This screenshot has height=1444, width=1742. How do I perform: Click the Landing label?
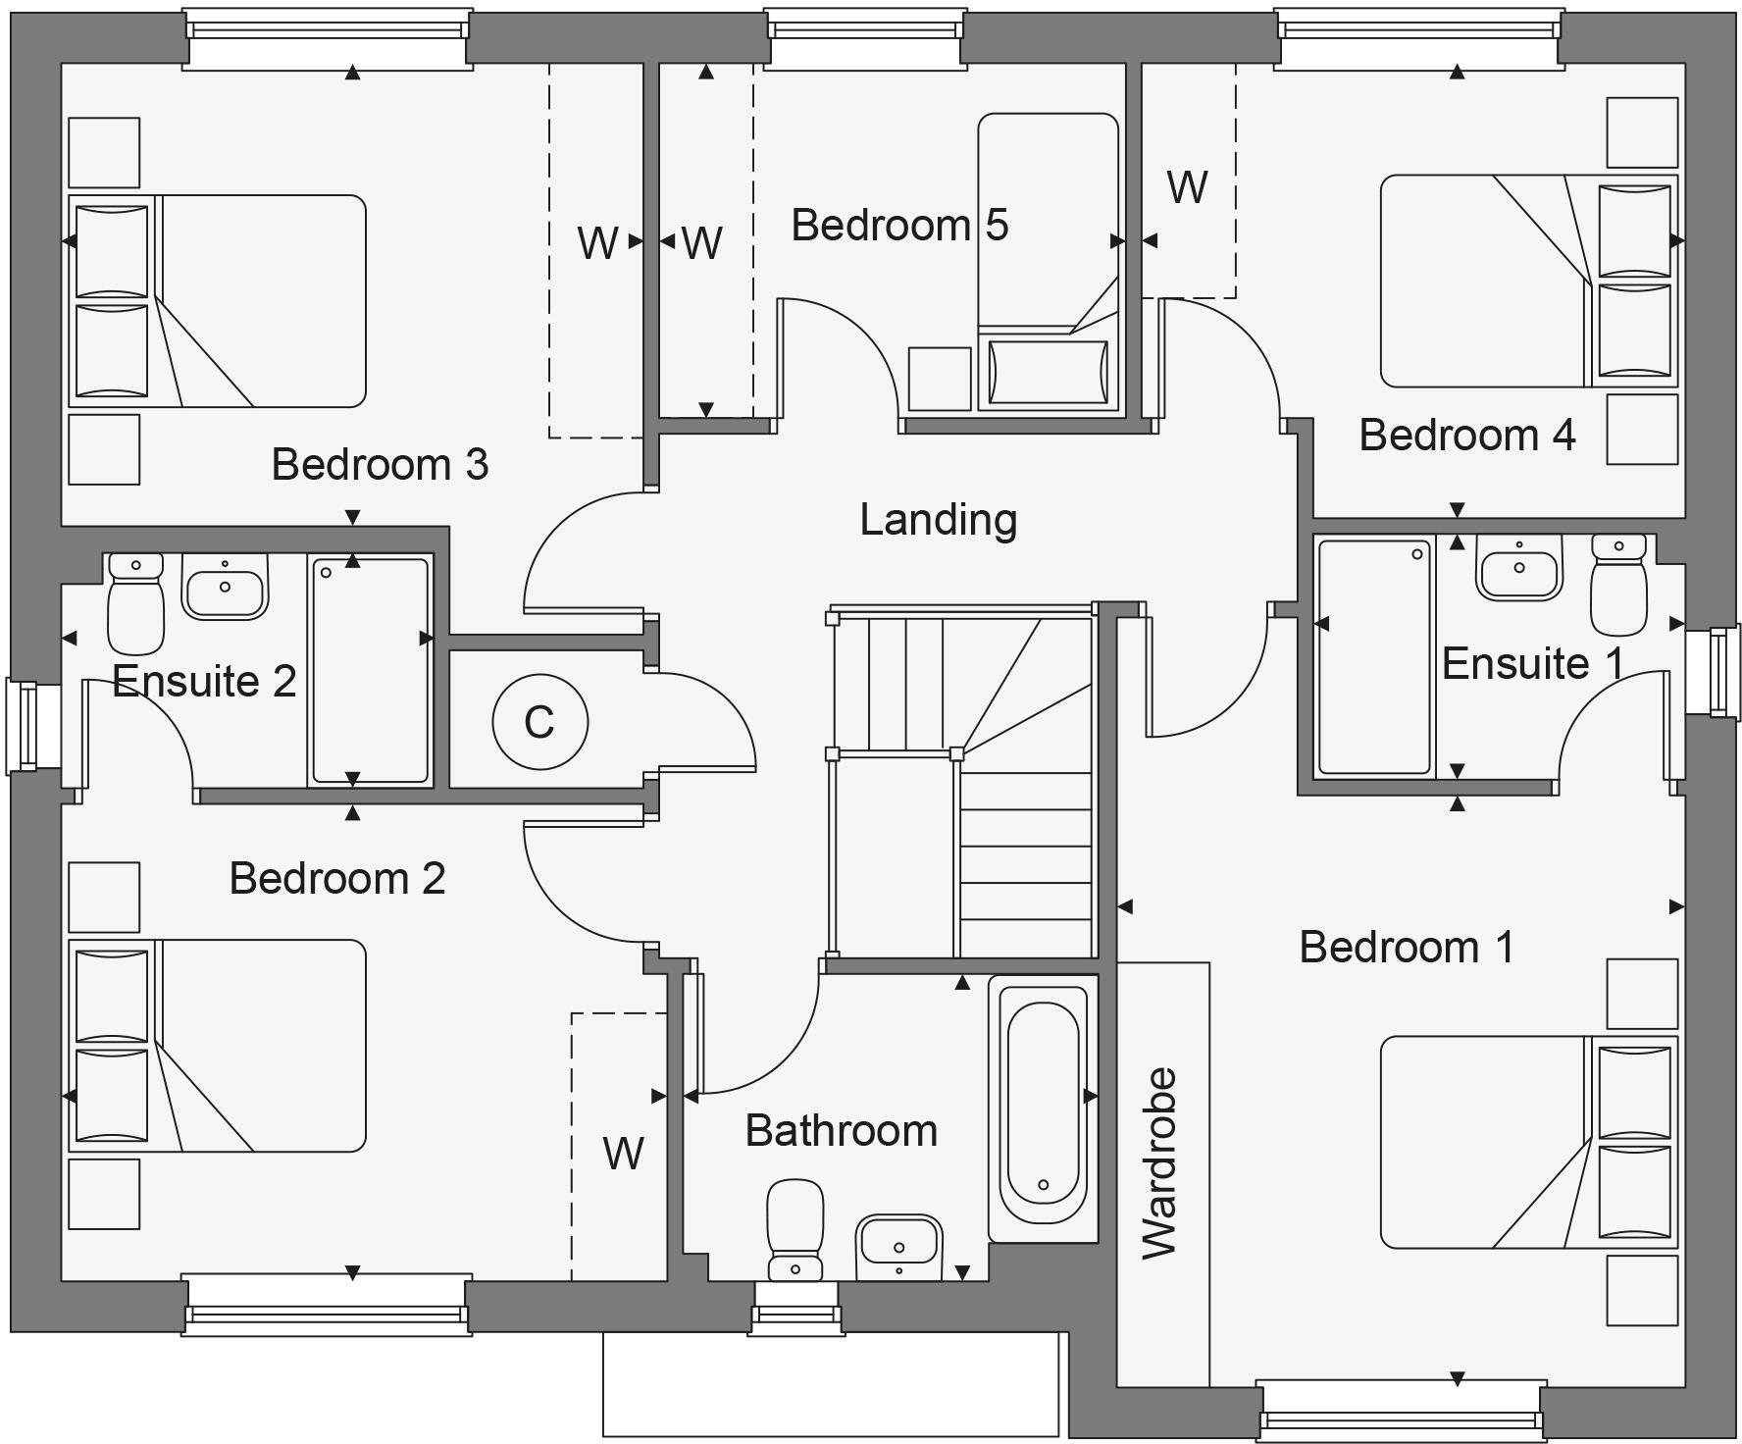(x=938, y=520)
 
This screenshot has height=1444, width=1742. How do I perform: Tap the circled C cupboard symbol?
(x=539, y=722)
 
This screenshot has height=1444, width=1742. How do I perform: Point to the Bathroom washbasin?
(x=898, y=1245)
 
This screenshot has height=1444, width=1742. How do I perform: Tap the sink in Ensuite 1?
(x=1518, y=568)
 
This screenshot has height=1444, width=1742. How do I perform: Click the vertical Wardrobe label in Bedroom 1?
(x=1160, y=1162)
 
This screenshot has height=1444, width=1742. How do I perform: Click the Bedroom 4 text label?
(x=1466, y=435)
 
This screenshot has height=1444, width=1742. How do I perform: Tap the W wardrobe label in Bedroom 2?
(x=623, y=1154)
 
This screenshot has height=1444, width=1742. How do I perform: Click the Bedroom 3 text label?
(x=380, y=464)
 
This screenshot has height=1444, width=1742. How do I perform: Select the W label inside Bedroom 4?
(x=1187, y=187)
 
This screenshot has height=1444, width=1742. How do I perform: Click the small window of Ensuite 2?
(x=22, y=726)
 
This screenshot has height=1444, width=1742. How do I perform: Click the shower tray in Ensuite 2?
(x=370, y=670)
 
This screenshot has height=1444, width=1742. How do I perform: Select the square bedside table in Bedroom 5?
(x=939, y=378)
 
